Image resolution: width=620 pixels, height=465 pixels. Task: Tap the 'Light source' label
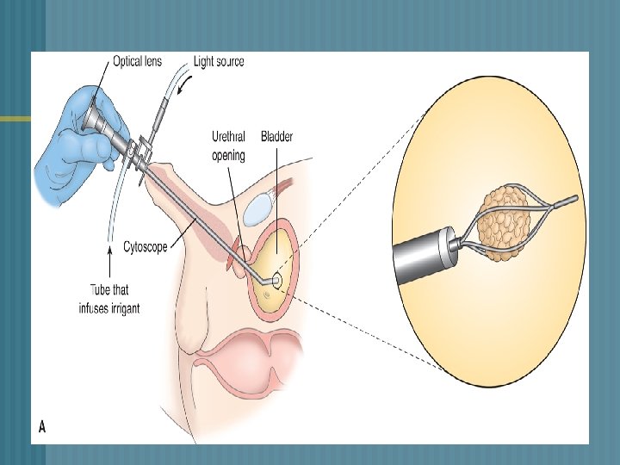tap(219, 61)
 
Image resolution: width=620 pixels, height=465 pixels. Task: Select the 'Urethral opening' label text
tap(229, 146)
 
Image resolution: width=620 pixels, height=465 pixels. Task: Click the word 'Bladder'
tap(277, 136)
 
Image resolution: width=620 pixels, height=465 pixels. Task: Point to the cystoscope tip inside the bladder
tap(276, 281)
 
